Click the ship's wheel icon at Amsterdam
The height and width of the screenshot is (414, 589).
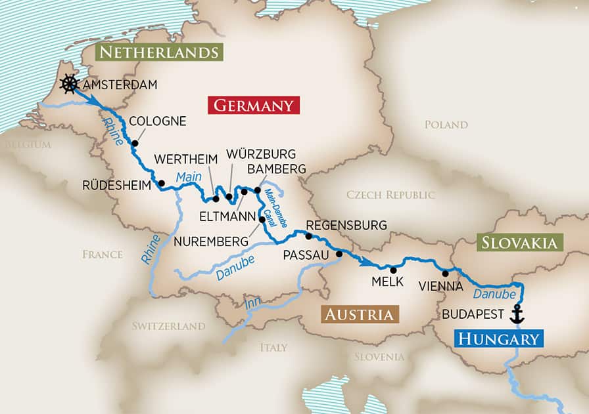68,84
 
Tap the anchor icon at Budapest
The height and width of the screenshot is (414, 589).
517,314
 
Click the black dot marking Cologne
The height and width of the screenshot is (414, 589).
135,143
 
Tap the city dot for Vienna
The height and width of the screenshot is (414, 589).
445,274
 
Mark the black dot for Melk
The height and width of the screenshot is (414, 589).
393,270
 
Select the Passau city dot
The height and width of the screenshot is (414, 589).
339,254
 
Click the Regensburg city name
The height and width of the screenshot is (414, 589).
346,225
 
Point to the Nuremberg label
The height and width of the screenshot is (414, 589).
211,241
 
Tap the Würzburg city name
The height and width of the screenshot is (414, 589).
261,154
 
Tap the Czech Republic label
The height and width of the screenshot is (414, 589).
390,195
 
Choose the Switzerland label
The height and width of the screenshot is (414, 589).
168,326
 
